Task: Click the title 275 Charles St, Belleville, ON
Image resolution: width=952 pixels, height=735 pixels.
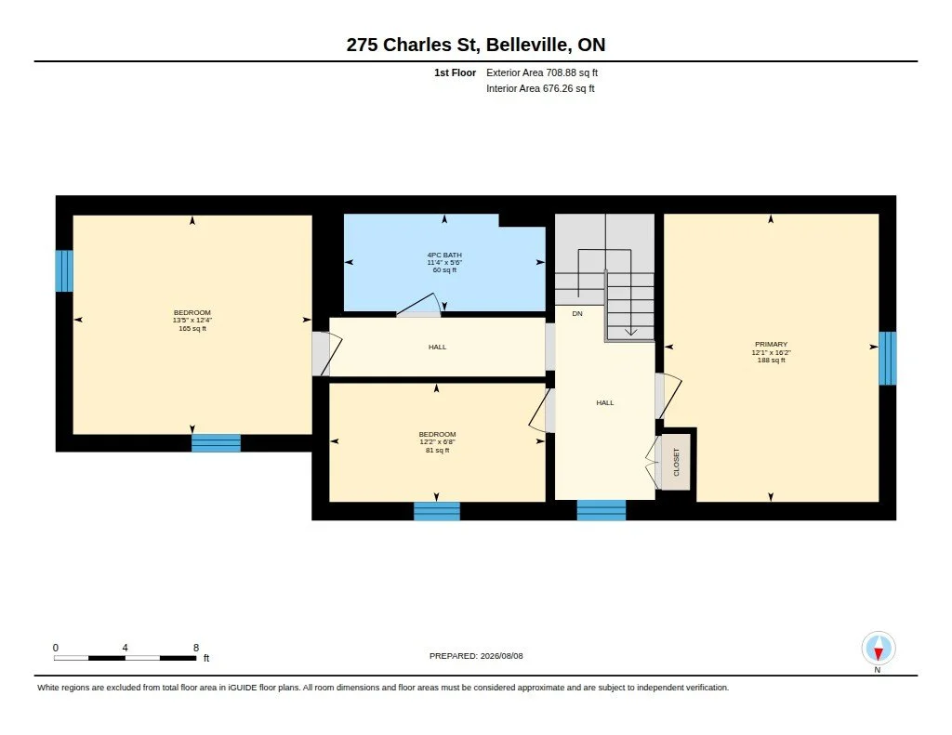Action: tap(475, 45)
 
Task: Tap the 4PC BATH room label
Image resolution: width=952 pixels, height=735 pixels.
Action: tap(444, 255)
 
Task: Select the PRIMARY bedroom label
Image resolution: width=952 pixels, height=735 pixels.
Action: tap(771, 344)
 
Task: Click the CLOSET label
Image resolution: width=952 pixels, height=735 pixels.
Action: tap(677, 462)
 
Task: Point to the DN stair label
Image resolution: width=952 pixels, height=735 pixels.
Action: tap(577, 314)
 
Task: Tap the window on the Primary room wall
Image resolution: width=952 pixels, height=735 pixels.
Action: tap(887, 358)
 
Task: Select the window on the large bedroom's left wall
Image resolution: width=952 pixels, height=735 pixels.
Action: tap(64, 270)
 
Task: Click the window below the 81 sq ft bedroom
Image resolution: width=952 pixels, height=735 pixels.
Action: tap(437, 511)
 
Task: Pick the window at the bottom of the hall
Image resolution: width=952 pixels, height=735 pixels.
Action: tap(602, 510)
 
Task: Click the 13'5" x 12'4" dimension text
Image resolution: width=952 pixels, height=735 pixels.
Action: tap(192, 321)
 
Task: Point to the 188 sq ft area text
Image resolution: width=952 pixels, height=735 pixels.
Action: tap(771, 360)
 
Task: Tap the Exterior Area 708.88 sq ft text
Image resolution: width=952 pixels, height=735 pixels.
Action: tap(542, 72)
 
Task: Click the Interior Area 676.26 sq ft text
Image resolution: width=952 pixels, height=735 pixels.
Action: tap(540, 88)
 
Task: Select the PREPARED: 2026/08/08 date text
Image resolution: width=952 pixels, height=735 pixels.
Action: tap(476, 655)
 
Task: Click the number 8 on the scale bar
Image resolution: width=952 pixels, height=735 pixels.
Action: tap(196, 648)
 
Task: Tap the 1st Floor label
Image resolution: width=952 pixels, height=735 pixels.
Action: tap(455, 72)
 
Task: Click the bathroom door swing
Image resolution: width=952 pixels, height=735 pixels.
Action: tap(418, 305)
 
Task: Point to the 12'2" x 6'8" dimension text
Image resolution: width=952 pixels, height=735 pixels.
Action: tap(437, 442)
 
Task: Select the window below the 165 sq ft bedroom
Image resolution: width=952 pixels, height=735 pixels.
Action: tap(216, 443)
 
